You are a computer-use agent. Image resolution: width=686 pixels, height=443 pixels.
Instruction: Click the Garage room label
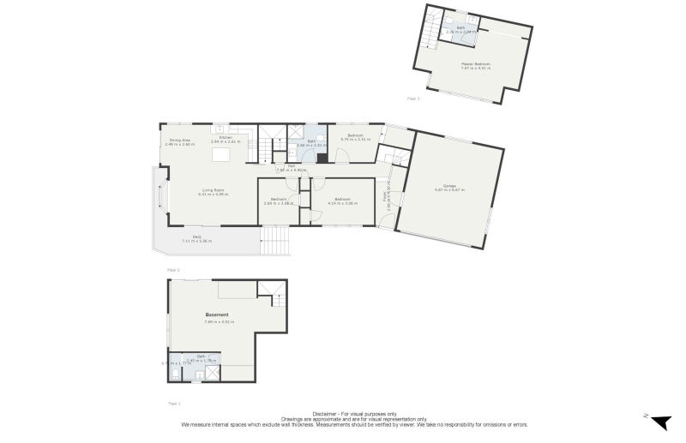(449, 185)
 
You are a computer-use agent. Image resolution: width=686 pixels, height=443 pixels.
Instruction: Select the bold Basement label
(216, 314)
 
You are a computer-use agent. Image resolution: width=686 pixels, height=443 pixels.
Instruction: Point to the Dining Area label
(179, 140)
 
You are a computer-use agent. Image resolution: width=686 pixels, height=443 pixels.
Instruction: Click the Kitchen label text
(226, 137)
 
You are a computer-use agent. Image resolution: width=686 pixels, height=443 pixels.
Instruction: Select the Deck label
(196, 237)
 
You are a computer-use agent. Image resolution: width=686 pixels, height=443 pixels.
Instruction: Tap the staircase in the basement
(279, 301)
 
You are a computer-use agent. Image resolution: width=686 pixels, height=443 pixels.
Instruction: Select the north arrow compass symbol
(659, 422)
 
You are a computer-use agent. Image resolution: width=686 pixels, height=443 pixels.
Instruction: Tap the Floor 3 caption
(413, 99)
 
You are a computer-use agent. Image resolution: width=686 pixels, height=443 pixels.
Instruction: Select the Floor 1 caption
(174, 402)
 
